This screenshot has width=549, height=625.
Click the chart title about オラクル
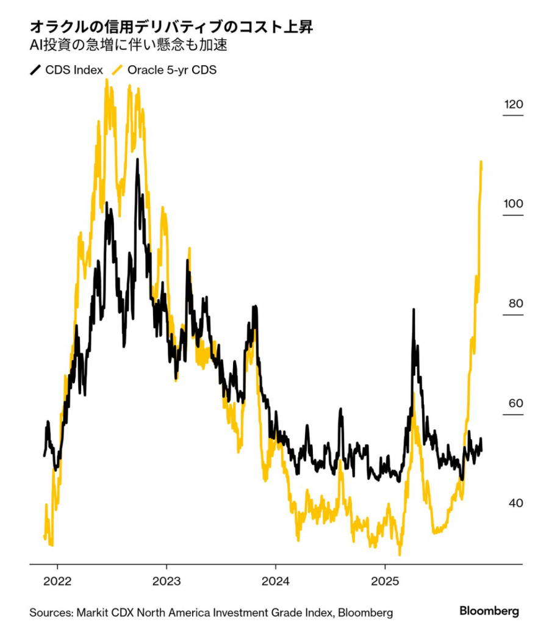click(173, 27)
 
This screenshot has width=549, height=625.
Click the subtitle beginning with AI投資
click(132, 45)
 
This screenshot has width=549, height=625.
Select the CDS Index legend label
click(74, 70)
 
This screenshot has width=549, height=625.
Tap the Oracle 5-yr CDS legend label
click(171, 70)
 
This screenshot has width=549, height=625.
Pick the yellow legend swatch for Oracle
click(118, 70)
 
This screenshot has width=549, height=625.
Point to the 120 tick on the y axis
click(513, 104)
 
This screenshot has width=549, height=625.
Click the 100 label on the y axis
click(513, 203)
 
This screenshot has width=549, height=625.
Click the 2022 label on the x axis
click(58, 580)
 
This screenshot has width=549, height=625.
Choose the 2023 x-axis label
click(167, 580)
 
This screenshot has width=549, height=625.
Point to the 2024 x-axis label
click(275, 580)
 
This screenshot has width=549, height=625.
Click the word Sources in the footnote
click(49, 612)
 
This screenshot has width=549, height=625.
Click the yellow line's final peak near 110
click(481, 162)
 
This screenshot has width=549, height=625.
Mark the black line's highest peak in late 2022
click(137, 160)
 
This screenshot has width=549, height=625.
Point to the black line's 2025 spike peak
click(414, 310)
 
